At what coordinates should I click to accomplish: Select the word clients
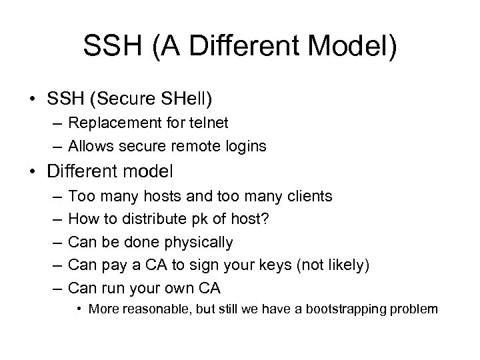coord(303,196)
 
